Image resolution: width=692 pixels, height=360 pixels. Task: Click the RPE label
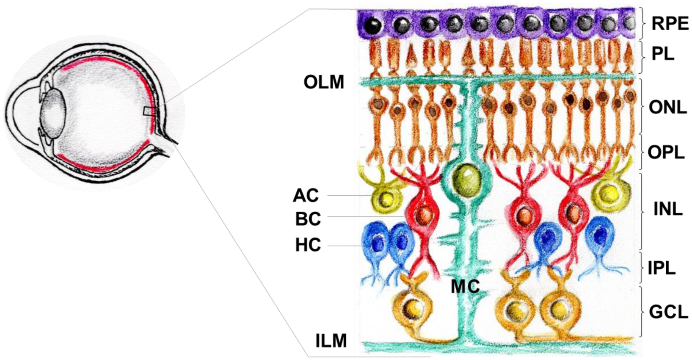(670, 23)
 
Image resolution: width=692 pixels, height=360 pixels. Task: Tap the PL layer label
(663, 54)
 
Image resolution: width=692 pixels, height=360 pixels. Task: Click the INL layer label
(668, 209)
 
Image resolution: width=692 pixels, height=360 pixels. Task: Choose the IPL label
(662, 268)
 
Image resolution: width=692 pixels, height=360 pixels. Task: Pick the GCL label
(668, 312)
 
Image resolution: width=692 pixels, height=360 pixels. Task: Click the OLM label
(324, 82)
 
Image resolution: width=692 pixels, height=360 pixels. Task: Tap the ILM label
(331, 341)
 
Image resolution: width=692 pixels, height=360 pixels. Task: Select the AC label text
(306, 195)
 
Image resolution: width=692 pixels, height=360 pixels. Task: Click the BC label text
(308, 219)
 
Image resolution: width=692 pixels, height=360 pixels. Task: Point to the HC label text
(308, 245)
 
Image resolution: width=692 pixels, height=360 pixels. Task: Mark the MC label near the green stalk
(465, 287)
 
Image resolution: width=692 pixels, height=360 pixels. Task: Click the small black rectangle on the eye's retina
(149, 111)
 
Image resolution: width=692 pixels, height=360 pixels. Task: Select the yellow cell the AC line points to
(386, 197)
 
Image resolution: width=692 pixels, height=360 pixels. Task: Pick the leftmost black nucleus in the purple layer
(373, 25)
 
